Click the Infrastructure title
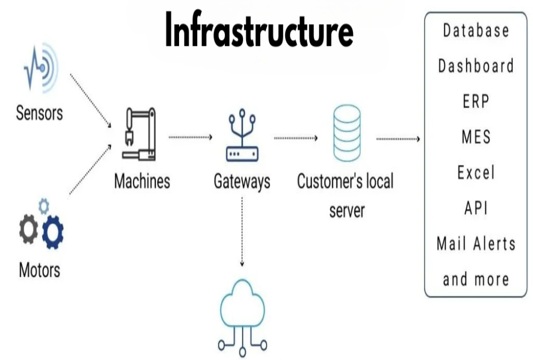tap(259, 30)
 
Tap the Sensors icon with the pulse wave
tap(41, 68)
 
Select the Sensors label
tap(39, 113)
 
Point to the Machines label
tap(142, 181)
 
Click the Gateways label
tap(242, 181)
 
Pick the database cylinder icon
tap(346, 133)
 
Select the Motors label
tap(39, 269)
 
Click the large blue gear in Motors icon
tap(52, 231)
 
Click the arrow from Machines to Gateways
tap(190, 138)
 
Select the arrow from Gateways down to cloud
tap(242, 232)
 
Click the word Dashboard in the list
tap(476, 67)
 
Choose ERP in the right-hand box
tap(476, 101)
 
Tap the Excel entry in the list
tap(476, 173)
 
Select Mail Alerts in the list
tap(476, 244)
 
